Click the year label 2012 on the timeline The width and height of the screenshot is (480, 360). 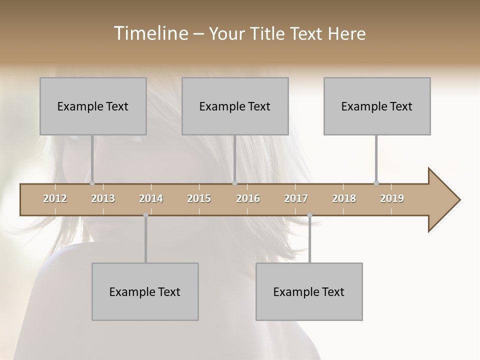(55, 198)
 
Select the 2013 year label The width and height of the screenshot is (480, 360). (103, 198)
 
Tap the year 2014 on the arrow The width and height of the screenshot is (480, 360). (151, 198)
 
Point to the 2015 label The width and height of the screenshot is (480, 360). (199, 198)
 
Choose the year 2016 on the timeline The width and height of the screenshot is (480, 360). (248, 198)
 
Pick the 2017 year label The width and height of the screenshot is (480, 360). (296, 198)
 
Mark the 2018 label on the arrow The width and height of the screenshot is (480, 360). (344, 198)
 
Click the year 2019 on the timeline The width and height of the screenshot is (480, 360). (392, 198)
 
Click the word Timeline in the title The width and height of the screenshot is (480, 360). (150, 33)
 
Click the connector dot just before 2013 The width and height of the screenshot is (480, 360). (92, 183)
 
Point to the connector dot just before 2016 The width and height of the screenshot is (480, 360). (234, 183)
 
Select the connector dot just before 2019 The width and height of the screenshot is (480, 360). (376, 183)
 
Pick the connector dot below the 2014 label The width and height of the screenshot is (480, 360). (145, 215)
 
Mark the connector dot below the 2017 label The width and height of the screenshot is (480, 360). (309, 215)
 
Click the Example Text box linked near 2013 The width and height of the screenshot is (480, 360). (93, 106)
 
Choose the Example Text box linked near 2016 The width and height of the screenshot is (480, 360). (235, 106)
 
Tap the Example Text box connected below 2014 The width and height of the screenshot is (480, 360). (145, 291)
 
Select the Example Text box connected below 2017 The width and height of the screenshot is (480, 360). (309, 291)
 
